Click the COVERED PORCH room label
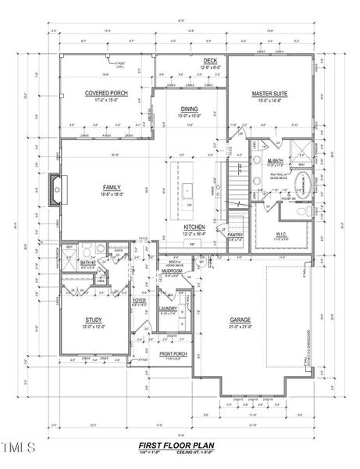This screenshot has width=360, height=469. tap(106, 93)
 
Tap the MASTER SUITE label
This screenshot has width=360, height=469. tap(269, 93)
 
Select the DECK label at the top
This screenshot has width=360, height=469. tap(210, 60)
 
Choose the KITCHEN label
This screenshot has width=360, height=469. tap(194, 227)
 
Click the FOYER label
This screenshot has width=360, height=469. tap(139, 300)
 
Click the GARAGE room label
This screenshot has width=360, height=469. tap(239, 320)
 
